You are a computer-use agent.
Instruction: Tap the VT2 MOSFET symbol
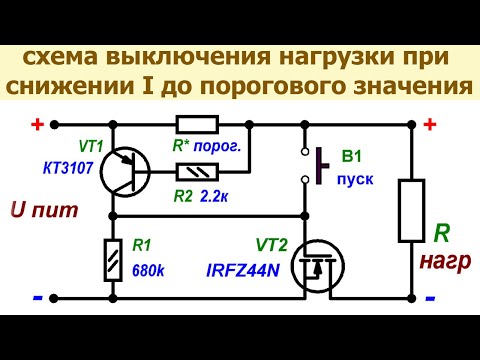point(312,267)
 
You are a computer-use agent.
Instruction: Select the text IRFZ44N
point(243,272)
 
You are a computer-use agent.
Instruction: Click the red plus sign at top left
point(38,125)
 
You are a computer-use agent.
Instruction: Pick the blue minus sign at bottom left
point(36,298)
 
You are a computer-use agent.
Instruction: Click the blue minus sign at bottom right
point(430,298)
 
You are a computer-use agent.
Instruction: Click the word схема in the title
point(64,57)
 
